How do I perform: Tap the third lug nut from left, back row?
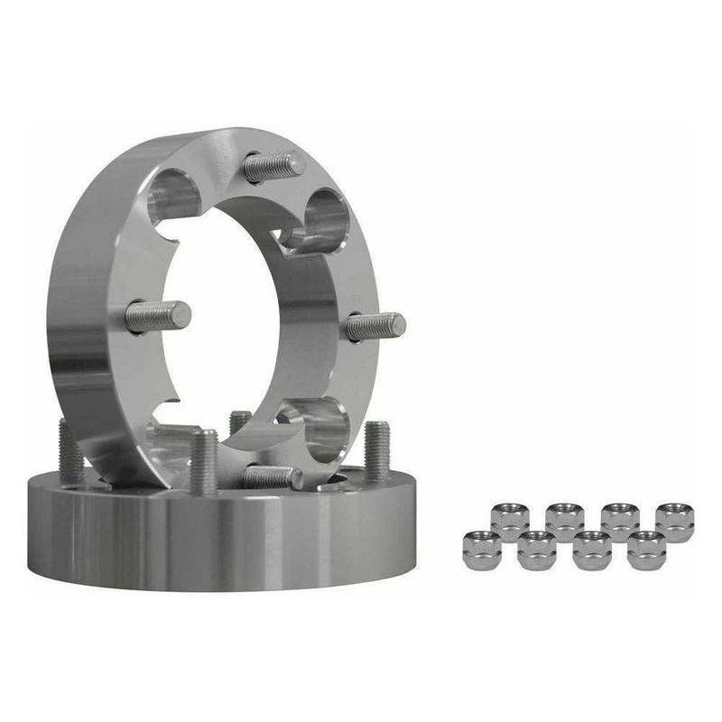click(x=619, y=518)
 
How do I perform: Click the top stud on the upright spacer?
click(x=273, y=166)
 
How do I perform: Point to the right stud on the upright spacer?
click(x=375, y=323)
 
